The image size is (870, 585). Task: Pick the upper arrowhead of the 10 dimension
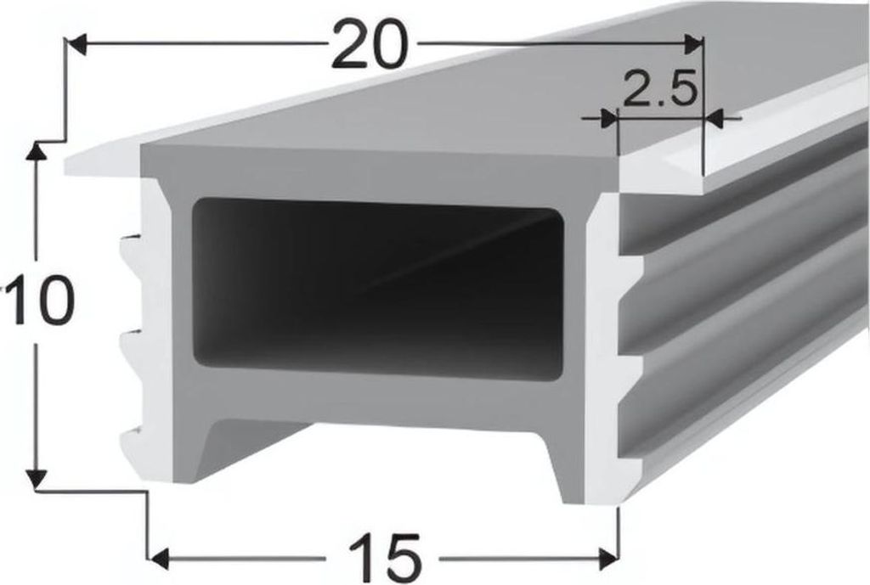tap(36, 152)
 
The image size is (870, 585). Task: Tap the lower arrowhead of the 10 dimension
tap(36, 480)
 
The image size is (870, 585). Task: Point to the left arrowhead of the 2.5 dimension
tap(607, 119)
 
